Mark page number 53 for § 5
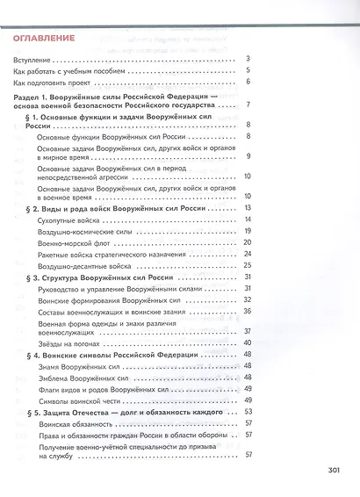click(248, 411)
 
